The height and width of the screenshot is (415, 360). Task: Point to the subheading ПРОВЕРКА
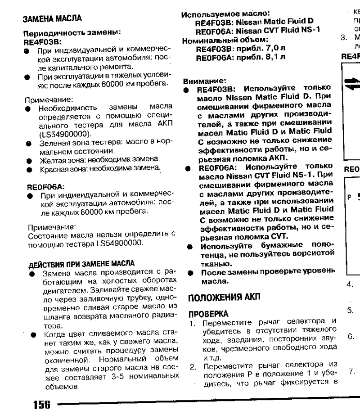200,311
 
